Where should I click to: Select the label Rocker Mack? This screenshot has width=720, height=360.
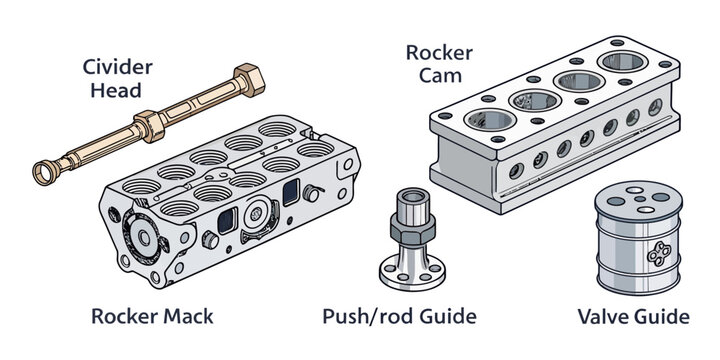pos(152,317)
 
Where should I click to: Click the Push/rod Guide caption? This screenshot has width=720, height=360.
pos(399,317)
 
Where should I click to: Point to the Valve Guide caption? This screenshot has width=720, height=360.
pos(633,317)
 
